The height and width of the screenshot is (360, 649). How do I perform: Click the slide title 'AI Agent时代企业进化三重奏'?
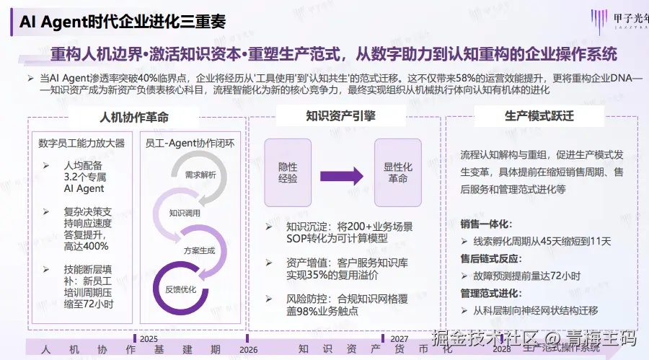tap(123, 22)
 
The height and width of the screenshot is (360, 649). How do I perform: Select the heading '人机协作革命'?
tap(134, 117)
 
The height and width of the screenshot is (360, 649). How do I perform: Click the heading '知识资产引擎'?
tap(345, 115)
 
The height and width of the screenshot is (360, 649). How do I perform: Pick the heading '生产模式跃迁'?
tap(544, 115)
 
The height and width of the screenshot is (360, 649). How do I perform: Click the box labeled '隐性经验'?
tap(287, 173)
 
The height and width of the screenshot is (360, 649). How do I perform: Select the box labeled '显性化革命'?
tap(397, 173)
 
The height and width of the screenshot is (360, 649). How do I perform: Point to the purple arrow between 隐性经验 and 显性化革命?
tap(341, 174)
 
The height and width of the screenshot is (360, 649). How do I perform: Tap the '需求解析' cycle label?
tap(200, 175)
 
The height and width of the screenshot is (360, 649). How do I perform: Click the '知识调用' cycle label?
tap(184, 213)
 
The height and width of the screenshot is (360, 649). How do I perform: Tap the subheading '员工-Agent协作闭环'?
tap(195, 143)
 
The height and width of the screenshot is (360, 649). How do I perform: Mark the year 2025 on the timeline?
tap(148, 338)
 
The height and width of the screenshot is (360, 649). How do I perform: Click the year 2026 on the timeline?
tap(248, 349)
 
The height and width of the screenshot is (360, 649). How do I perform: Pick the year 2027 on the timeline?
tap(399, 338)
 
